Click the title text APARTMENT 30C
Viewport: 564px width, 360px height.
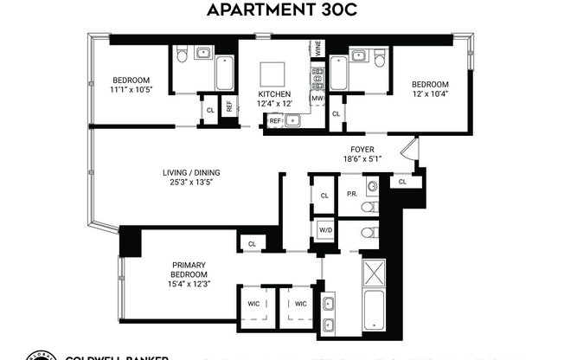click(281, 10)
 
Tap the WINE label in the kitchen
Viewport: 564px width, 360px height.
click(318, 48)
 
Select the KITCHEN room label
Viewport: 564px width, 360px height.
click(273, 93)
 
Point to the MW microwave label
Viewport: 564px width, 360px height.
click(317, 99)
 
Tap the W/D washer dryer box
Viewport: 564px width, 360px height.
click(325, 229)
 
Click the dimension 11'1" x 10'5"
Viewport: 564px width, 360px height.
click(130, 89)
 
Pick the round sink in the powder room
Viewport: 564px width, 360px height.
click(373, 187)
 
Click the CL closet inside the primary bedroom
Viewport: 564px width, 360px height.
click(252, 245)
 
